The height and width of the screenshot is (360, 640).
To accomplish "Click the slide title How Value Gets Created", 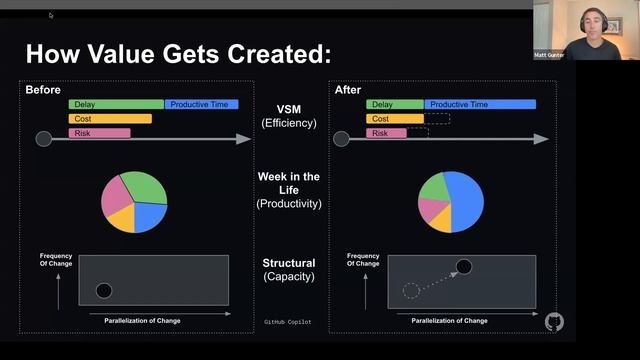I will pos(177,53).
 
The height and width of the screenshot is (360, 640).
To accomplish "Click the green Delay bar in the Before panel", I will pos(116,104).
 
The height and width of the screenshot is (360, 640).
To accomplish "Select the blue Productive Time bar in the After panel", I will pos(480,104).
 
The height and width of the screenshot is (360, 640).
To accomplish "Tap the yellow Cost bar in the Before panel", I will pos(110,118).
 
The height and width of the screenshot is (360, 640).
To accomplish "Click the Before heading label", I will pos(43,90).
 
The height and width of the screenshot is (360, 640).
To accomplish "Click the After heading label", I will pos(348,90).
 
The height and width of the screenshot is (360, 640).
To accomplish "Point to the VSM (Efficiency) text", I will pos(288,116).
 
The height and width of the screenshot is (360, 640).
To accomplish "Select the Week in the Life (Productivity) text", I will pos(288,190).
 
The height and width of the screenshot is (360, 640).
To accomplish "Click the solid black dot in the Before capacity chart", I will pos(104,291).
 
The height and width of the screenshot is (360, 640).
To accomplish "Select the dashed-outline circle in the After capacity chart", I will pos(411,291).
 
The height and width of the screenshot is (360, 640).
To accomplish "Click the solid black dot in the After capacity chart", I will pos(464,266).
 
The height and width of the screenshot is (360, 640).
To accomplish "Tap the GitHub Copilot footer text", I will pos(290,322).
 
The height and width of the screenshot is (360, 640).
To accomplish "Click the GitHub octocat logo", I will pos(555,321).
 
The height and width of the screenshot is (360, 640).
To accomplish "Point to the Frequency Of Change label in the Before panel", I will pos(55,260).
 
